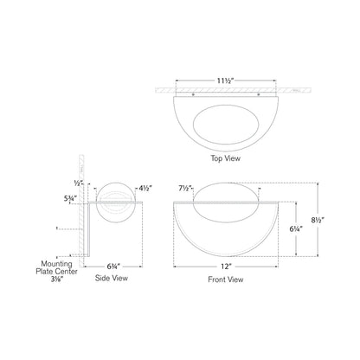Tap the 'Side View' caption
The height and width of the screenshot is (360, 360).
[112, 280]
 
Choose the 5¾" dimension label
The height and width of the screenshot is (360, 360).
[72, 198]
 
